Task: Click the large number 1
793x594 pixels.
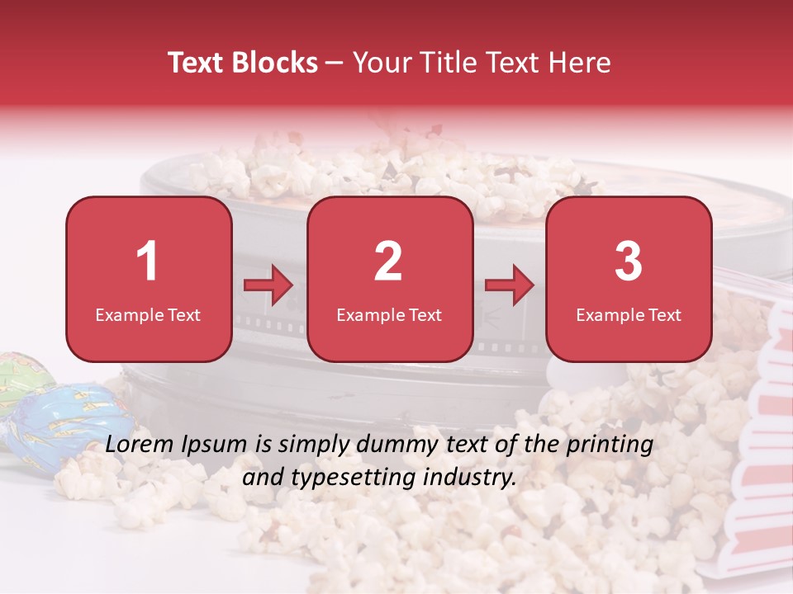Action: [147, 262]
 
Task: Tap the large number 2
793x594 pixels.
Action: [388, 262]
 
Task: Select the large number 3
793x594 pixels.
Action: [629, 262]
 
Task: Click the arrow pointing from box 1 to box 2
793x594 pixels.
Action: [268, 285]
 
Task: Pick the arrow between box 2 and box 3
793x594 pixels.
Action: [510, 285]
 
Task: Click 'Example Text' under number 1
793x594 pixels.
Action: [148, 314]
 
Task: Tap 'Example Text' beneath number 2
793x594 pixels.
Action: [389, 314]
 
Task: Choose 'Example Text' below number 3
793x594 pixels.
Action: [629, 314]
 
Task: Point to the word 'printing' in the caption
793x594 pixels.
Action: [610, 445]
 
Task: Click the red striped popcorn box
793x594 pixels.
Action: [756, 462]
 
